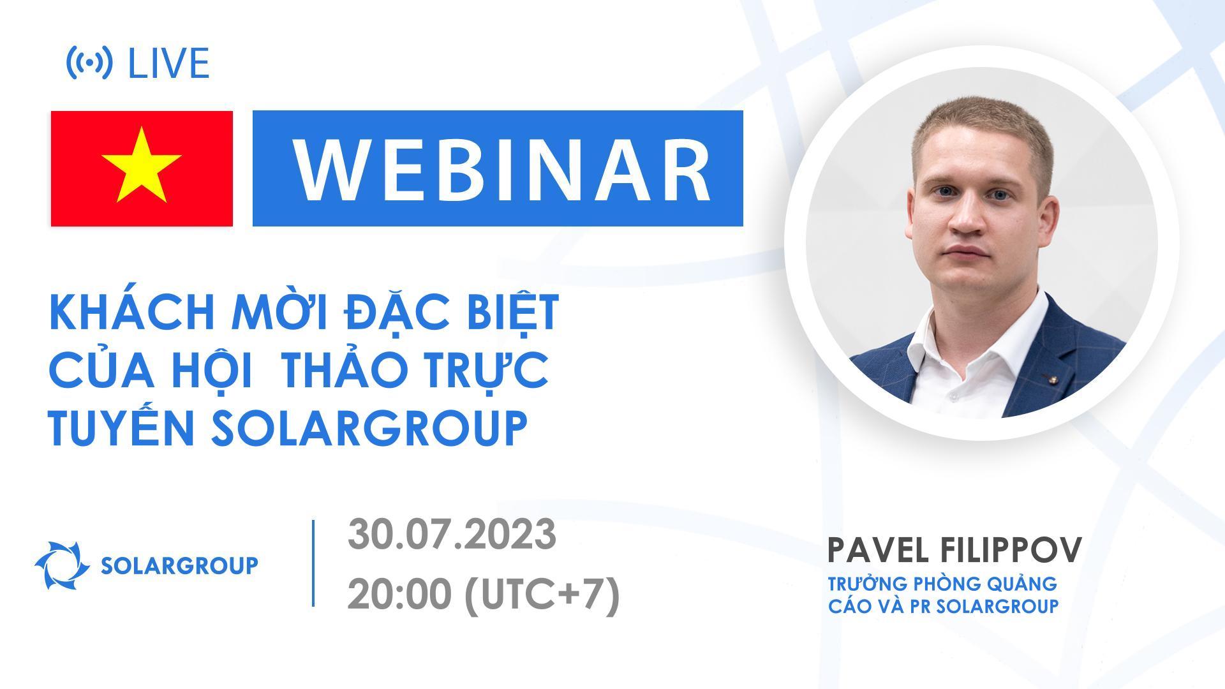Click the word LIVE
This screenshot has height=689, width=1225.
pos(169,63)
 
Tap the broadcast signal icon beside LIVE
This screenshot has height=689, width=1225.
pos(89,63)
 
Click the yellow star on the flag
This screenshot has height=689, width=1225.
pos(142,165)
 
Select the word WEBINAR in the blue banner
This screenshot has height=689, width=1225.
pos(501,169)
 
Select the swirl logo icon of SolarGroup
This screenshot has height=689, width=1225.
pos(62,565)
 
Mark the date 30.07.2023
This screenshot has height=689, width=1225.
pos(452,535)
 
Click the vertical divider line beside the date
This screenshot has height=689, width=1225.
pos(313,563)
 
